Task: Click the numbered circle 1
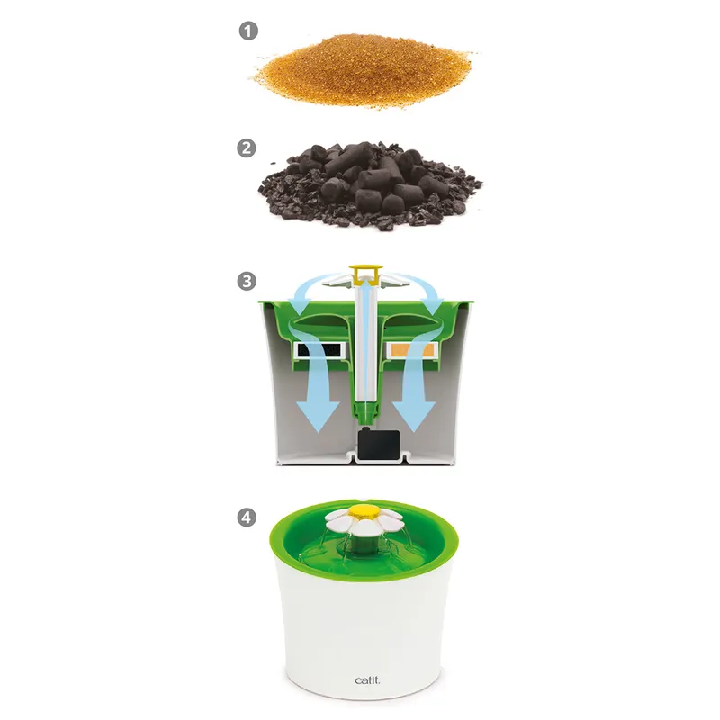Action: click(248, 31)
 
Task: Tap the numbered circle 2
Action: click(247, 148)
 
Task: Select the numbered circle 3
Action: click(247, 281)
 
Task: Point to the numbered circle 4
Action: click(247, 517)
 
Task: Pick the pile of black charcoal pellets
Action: click(370, 186)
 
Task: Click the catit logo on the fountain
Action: click(367, 680)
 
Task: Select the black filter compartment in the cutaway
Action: click(319, 351)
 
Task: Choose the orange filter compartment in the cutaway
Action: click(411, 351)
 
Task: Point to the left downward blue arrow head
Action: click(318, 417)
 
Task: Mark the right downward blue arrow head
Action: click(413, 417)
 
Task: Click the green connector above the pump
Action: click(365, 412)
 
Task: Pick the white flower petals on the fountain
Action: click(364, 523)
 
